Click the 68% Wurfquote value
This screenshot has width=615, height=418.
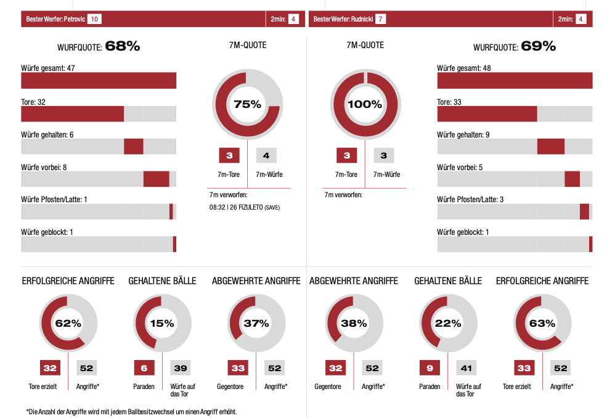[x=123, y=46]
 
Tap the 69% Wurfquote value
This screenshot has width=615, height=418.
[x=538, y=46]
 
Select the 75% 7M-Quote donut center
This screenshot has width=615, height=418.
[x=248, y=104]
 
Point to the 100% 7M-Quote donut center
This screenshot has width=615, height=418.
[x=365, y=104]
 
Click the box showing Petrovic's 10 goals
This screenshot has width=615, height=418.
[x=94, y=19]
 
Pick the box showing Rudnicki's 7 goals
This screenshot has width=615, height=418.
[x=381, y=19]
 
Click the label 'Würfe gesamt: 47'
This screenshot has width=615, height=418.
[x=48, y=68]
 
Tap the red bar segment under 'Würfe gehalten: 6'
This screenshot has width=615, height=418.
[x=134, y=146]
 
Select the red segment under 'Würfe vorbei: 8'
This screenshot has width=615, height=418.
[x=157, y=179]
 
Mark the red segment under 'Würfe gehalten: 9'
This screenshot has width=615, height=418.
[x=551, y=146]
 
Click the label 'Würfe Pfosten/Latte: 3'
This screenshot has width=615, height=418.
[x=470, y=199]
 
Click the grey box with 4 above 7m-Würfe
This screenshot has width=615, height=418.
[x=266, y=156]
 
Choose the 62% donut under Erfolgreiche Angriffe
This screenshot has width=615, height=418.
[x=68, y=323]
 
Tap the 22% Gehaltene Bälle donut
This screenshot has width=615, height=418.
[x=448, y=323]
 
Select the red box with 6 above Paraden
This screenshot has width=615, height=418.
[x=144, y=368]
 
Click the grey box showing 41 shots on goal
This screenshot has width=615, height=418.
[x=466, y=368]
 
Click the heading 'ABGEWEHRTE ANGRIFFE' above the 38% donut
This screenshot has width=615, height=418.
[x=354, y=281]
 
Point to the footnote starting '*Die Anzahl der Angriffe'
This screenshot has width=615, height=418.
[x=131, y=411]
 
